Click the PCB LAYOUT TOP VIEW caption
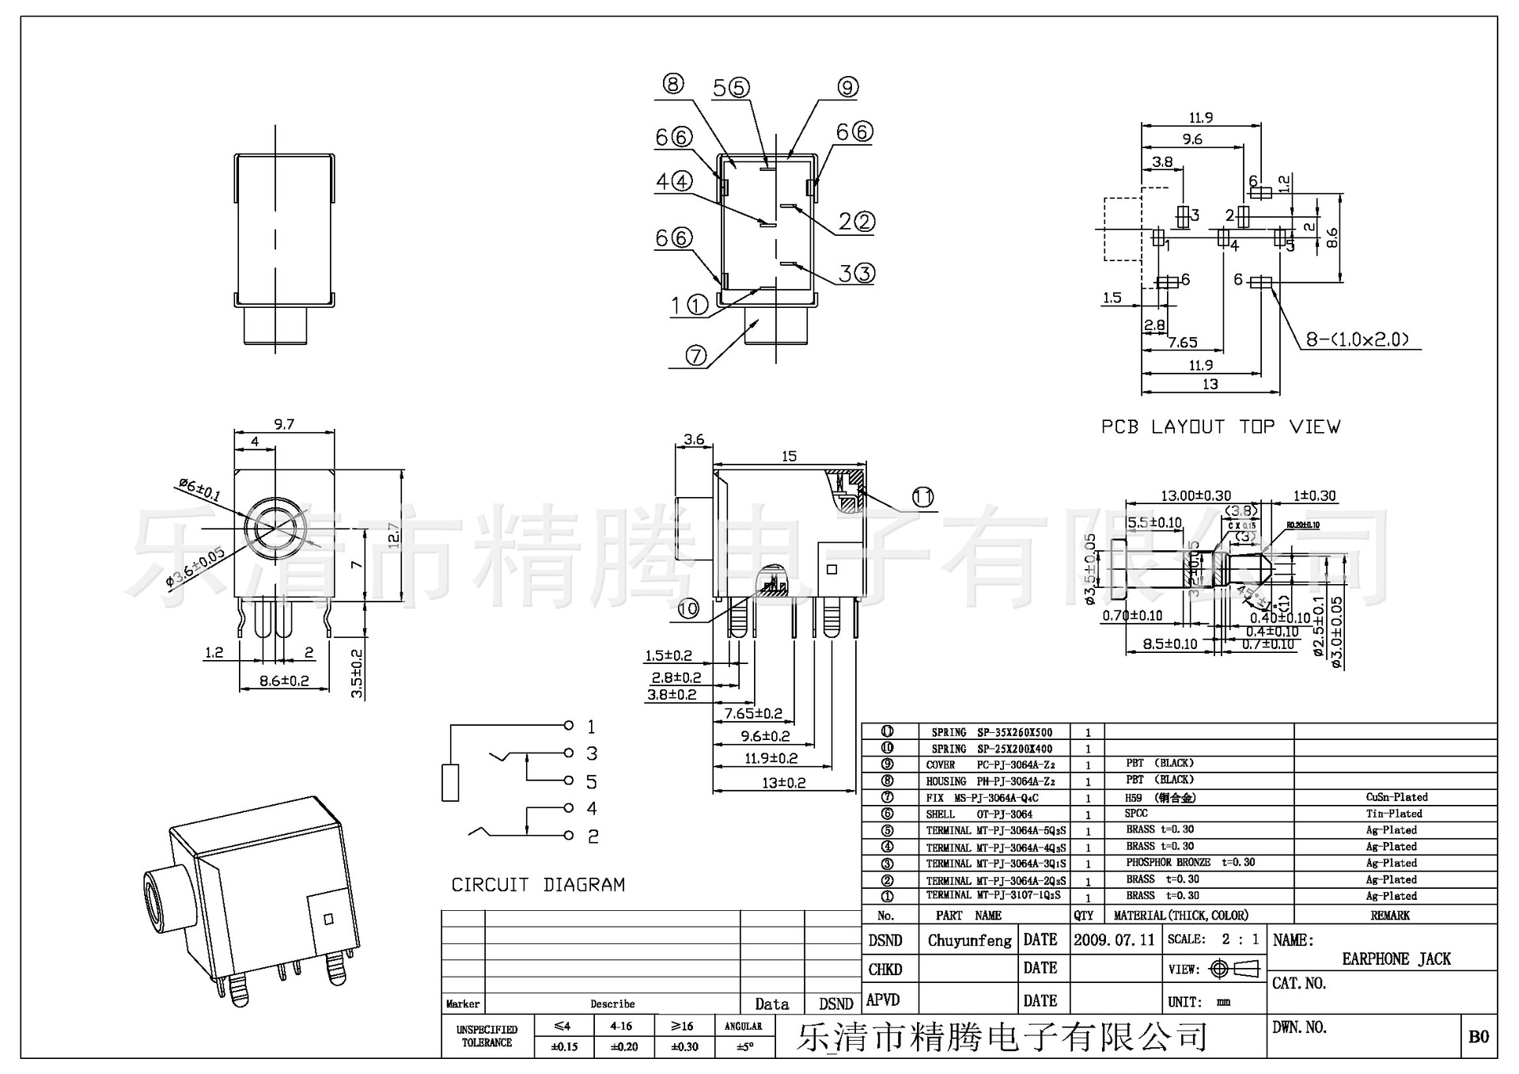pyautogui.click(x=1220, y=427)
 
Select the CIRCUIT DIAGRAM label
pyautogui.click(x=538, y=885)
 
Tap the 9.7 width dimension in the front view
pyautogui.click(x=284, y=424)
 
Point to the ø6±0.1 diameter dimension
pyautogui.click(x=199, y=490)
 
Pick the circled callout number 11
pyautogui.click(x=922, y=497)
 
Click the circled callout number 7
pyautogui.click(x=695, y=355)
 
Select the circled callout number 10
pyautogui.click(x=688, y=609)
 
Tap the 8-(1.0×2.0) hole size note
pyautogui.click(x=1357, y=340)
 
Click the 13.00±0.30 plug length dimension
pyautogui.click(x=1195, y=495)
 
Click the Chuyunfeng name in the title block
pyautogui.click(x=969, y=941)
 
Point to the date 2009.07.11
pyautogui.click(x=1114, y=940)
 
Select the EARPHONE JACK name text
pyautogui.click(x=1396, y=959)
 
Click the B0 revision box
pyautogui.click(x=1478, y=1037)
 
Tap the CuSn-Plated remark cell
pyautogui.click(x=1396, y=797)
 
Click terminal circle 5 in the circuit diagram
pyautogui.click(x=568, y=781)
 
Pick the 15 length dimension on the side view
pyautogui.click(x=789, y=456)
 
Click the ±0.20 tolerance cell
pyautogui.click(x=624, y=1046)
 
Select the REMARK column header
pyautogui.click(x=1390, y=916)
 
